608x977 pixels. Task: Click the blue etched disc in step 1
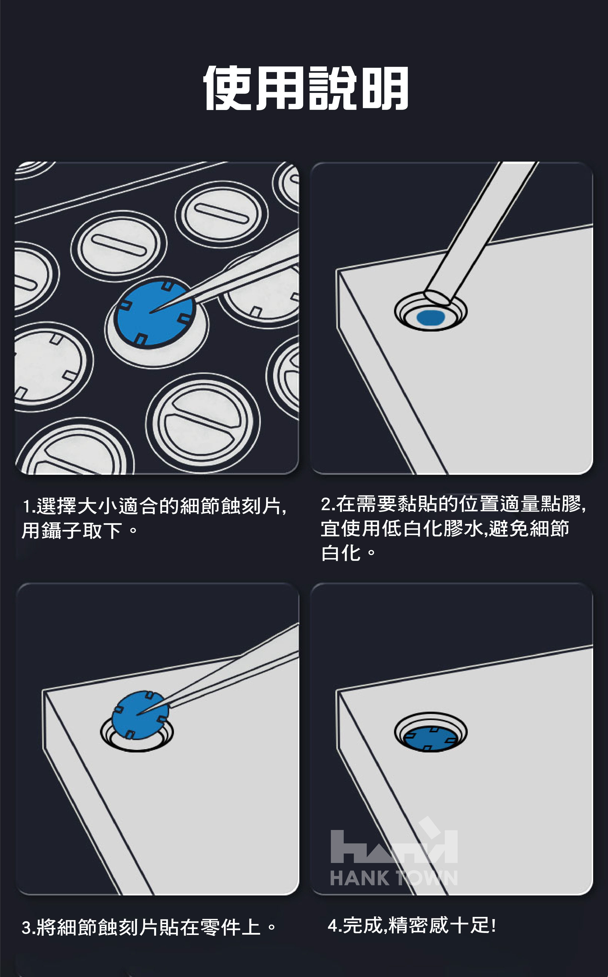(155, 313)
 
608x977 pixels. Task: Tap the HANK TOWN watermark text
(394, 878)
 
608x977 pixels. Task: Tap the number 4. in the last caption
(335, 926)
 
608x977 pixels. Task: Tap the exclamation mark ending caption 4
(493, 926)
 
